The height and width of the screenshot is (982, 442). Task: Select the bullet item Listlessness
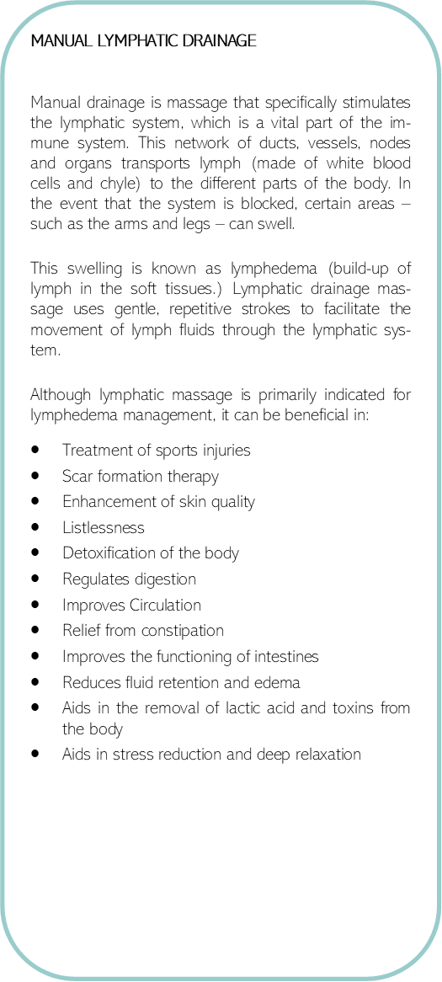click(x=103, y=528)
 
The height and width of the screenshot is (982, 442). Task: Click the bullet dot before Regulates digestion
click(x=35, y=579)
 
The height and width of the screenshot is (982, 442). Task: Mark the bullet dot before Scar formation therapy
click(x=35, y=476)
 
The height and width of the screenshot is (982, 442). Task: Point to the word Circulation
click(x=165, y=605)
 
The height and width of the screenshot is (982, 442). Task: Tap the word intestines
click(x=288, y=656)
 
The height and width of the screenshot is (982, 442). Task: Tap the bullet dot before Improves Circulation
click(x=35, y=605)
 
